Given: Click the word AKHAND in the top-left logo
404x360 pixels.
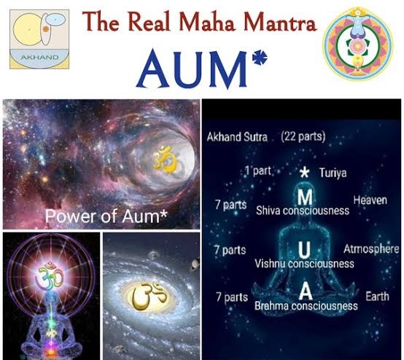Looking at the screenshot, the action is [x=39, y=57].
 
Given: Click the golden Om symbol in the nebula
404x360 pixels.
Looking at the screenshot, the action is [x=166, y=159].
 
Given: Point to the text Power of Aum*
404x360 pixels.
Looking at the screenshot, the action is [x=106, y=216].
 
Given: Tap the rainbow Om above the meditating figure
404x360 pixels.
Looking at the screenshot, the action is [x=50, y=275].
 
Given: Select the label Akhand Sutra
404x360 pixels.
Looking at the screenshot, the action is [x=237, y=137].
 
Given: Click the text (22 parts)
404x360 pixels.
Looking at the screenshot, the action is [x=303, y=136].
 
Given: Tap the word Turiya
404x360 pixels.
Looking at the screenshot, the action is [x=333, y=173].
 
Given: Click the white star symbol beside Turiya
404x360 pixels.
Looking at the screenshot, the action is [x=304, y=172].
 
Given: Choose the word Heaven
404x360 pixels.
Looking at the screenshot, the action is [x=370, y=200].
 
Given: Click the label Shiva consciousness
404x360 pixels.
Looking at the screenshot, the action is [x=303, y=211].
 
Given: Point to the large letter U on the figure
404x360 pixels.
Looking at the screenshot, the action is [x=304, y=250].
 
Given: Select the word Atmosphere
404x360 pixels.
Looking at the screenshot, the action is [x=371, y=249].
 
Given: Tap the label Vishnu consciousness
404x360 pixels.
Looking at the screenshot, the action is [x=304, y=264].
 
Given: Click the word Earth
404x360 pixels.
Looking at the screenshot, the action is [x=377, y=296].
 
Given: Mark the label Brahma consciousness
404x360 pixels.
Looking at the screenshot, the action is [x=306, y=306].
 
